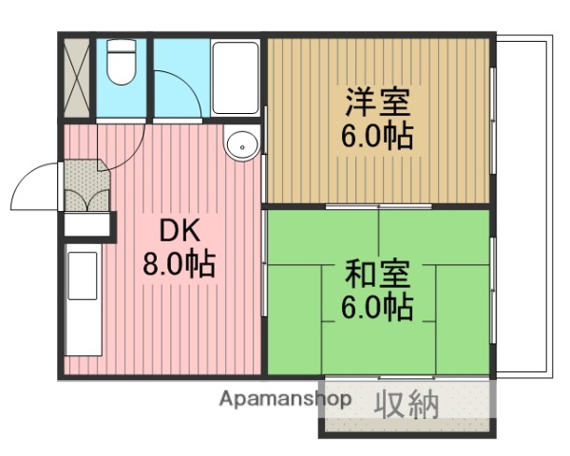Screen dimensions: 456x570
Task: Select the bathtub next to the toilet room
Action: point(235,78)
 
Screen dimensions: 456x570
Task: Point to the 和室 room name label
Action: point(377,275)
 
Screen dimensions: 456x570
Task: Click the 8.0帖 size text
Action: point(179,263)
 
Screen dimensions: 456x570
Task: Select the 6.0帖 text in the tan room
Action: point(377,136)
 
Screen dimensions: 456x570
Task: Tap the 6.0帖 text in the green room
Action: point(377,308)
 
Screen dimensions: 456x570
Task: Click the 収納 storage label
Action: point(410,405)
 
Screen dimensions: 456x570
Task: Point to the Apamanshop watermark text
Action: point(285,400)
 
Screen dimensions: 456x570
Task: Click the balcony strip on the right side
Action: point(522,204)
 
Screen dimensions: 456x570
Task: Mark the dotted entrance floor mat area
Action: point(85,176)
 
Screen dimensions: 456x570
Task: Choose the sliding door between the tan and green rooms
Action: point(378,206)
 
